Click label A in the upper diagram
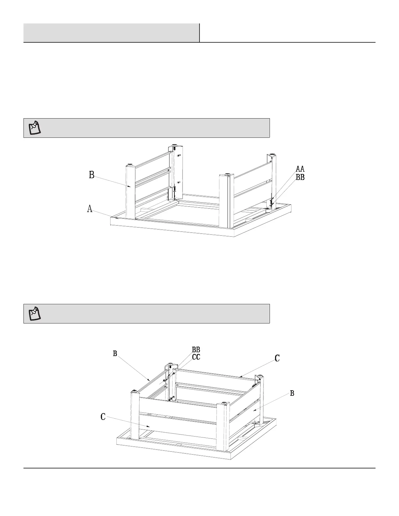pos(90,209)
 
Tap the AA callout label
pos(300,169)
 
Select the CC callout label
pos(196,357)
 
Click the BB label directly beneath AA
pos(300,178)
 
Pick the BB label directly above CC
pos(196,350)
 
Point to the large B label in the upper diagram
pos(92,175)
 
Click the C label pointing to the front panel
pos(103,416)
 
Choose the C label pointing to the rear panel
pos(277,358)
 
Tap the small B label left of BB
pos(115,353)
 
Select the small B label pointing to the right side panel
pos(292,394)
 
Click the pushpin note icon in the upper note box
pos(34,128)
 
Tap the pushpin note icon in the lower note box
pos(34,313)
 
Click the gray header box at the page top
pos(111,33)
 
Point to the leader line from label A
pos(104,213)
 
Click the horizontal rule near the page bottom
pos(199,468)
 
